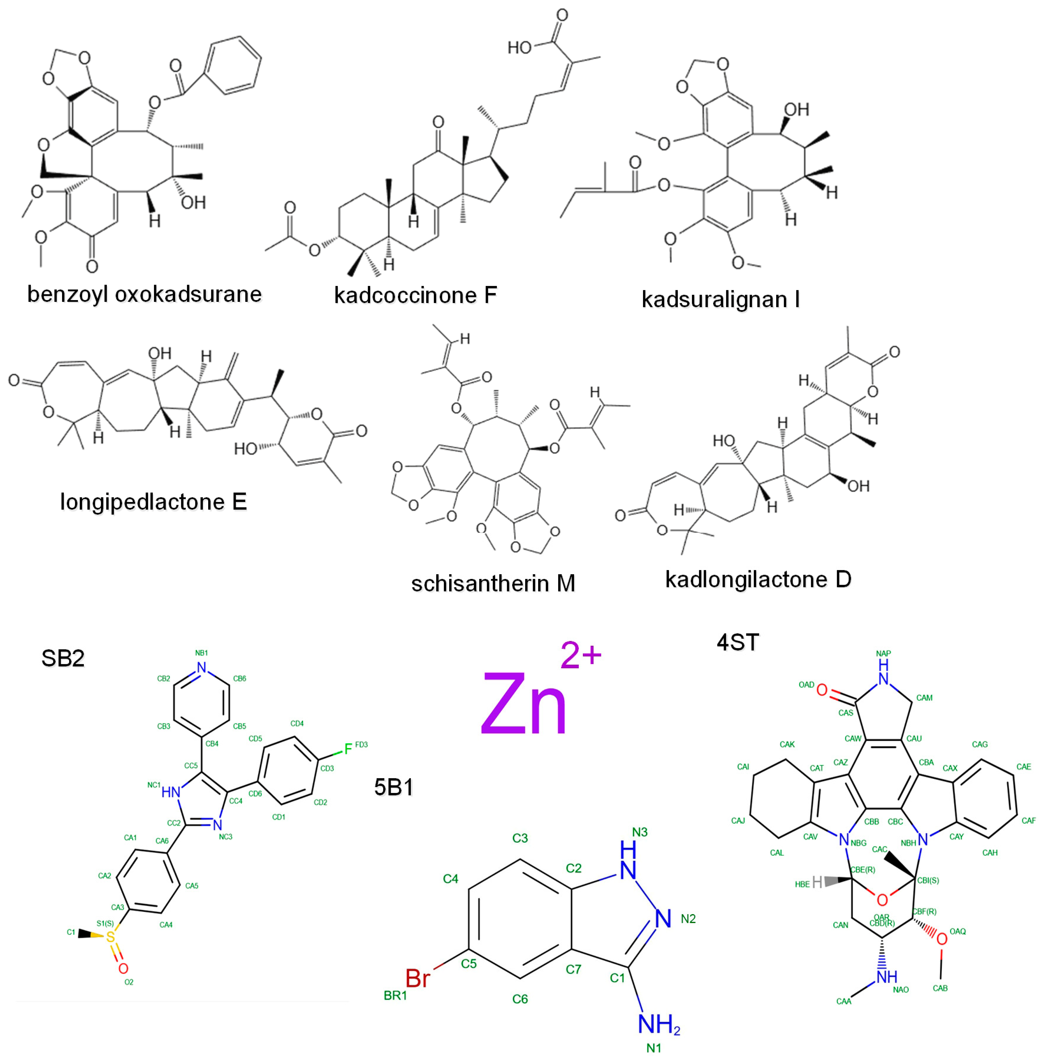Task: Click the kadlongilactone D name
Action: tap(758, 579)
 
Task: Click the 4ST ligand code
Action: tap(738, 642)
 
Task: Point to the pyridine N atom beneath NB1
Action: tap(202, 668)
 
